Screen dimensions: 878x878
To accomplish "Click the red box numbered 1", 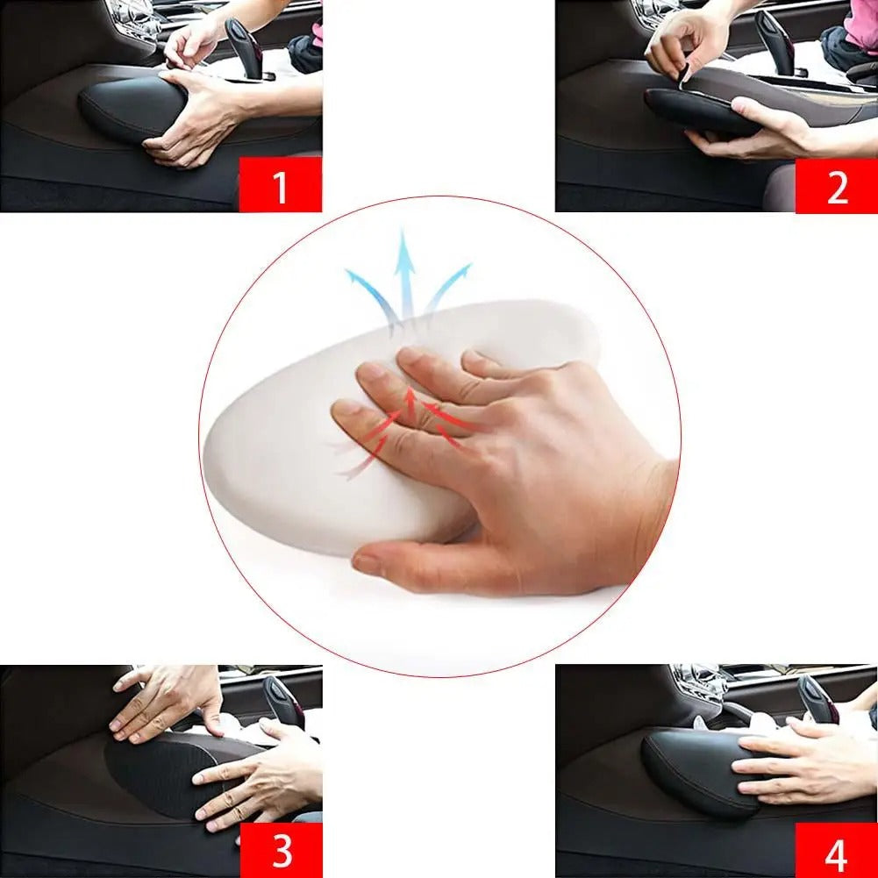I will coord(280,185).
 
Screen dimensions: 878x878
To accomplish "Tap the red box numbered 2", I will coord(836,185).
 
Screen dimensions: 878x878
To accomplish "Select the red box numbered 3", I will coord(280,849).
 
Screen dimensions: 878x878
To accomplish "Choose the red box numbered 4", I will coord(836,849).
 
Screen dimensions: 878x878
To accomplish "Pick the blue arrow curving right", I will coord(448,285).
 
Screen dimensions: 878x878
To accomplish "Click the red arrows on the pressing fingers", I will coord(412,421).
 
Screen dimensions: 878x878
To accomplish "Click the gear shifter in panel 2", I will coord(776,39).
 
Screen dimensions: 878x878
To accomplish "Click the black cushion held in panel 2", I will coord(697,112).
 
